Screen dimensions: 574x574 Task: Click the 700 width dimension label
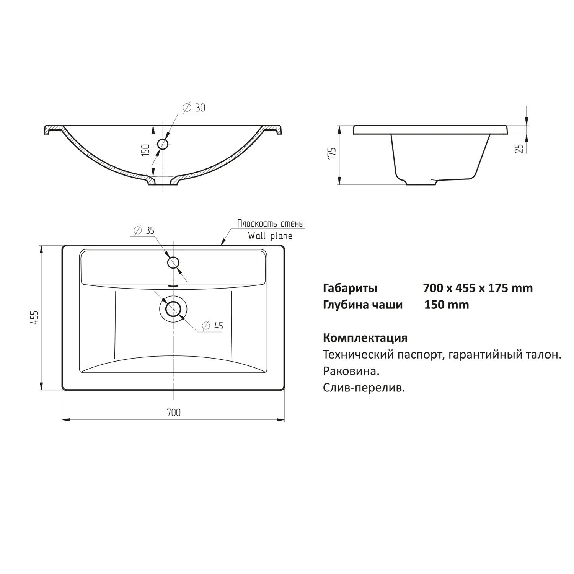[173, 413]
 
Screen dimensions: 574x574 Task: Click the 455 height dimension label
[34, 318]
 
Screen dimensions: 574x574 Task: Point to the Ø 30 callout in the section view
[194, 108]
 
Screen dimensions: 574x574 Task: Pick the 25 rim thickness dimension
[519, 148]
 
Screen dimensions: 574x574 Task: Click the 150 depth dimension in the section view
[145, 150]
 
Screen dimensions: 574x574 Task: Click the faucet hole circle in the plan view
[173, 263]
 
